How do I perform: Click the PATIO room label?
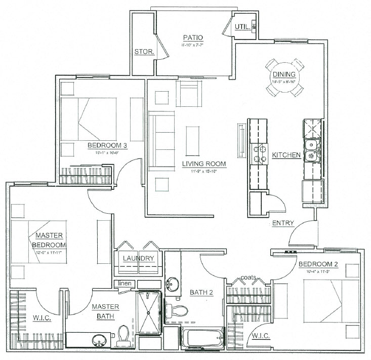pos(192,37)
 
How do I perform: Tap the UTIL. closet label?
pos(242,27)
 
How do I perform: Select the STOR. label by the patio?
pos(143,52)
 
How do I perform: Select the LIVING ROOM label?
pos(203,164)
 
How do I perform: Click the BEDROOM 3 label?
pos(107,146)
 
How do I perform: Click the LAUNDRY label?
pos(138,258)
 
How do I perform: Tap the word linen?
pos(125,283)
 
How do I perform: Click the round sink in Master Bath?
pos(99,340)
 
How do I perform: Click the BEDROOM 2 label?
pos(318,264)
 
